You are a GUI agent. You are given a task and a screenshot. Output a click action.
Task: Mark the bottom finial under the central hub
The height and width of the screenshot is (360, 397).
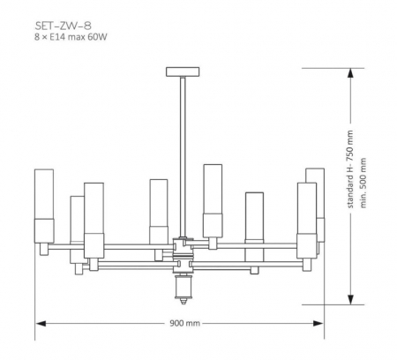click(x=184, y=287)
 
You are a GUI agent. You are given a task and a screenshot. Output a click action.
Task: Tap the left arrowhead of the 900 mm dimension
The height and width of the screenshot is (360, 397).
click(x=39, y=323)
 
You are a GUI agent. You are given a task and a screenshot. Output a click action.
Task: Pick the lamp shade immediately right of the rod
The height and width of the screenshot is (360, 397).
click(x=212, y=199)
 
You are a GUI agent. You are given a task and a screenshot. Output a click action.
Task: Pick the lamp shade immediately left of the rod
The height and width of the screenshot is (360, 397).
click(x=159, y=210)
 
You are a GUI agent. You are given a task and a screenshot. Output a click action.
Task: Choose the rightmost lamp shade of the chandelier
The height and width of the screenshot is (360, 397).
click(x=315, y=203)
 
